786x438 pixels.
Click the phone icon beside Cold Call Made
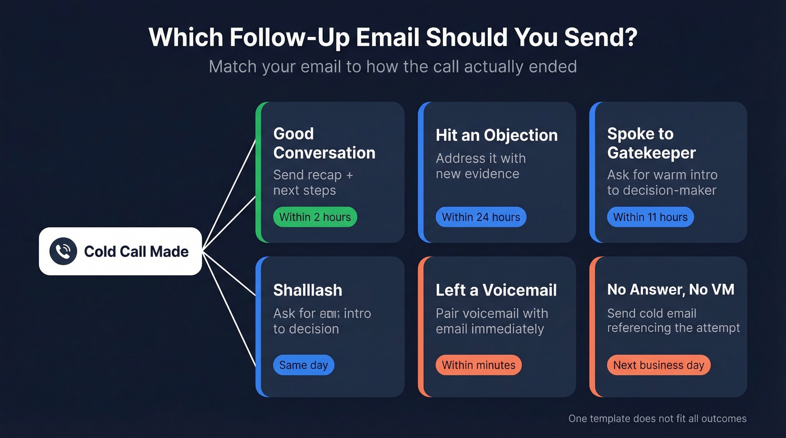[x=63, y=251]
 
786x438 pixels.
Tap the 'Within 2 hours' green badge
[x=315, y=217]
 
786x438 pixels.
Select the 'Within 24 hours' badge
[x=481, y=217]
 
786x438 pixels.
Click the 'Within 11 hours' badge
[x=650, y=217]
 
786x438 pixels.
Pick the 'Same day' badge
[x=303, y=365]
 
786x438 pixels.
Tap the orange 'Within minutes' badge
[x=478, y=365]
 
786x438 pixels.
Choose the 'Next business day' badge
[x=659, y=365]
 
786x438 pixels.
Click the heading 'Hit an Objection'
[x=496, y=135]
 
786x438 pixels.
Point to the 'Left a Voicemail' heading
[x=496, y=290]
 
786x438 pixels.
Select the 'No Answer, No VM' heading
[x=670, y=290]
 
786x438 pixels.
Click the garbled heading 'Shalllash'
[x=307, y=290]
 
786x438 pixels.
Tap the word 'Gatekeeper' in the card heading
[x=651, y=153]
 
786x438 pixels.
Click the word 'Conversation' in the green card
[x=324, y=153]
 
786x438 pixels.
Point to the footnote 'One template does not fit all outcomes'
[x=657, y=418]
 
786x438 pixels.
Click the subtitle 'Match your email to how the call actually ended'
[x=392, y=67]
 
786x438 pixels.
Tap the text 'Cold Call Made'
[x=136, y=251]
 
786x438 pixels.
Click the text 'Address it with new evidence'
[x=481, y=166]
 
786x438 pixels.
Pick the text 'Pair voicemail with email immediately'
[x=491, y=321]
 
